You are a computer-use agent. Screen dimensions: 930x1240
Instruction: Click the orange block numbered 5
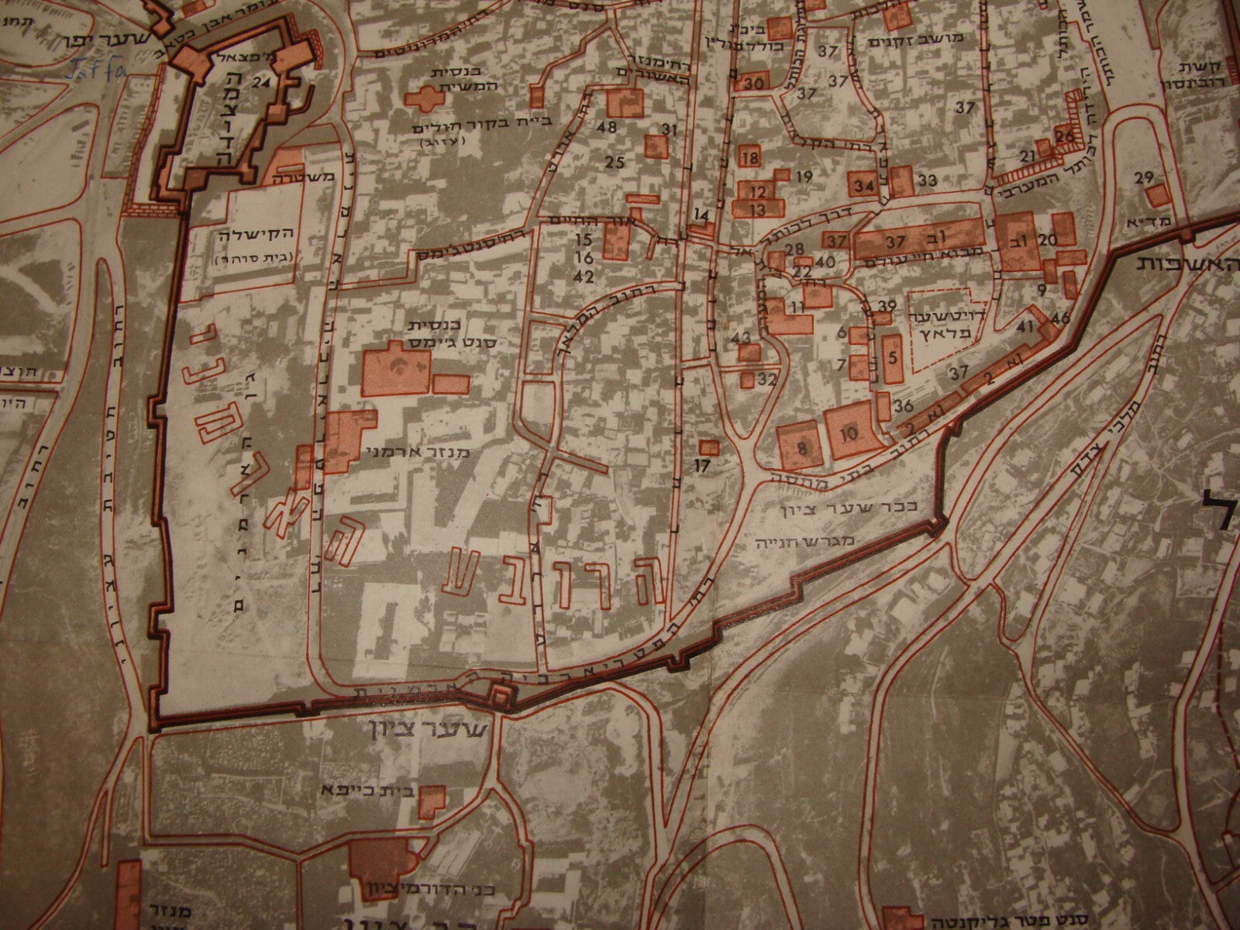pyautogui.click(x=892, y=358)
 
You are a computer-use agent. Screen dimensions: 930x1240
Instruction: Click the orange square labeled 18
pyautogui.click(x=749, y=158)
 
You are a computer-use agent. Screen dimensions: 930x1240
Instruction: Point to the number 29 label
pyautogui.click(x=1144, y=178)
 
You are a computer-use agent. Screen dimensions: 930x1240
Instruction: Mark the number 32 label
pyautogui.click(x=767, y=380)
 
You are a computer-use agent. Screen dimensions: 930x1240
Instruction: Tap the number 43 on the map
pyautogui.click(x=742, y=338)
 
